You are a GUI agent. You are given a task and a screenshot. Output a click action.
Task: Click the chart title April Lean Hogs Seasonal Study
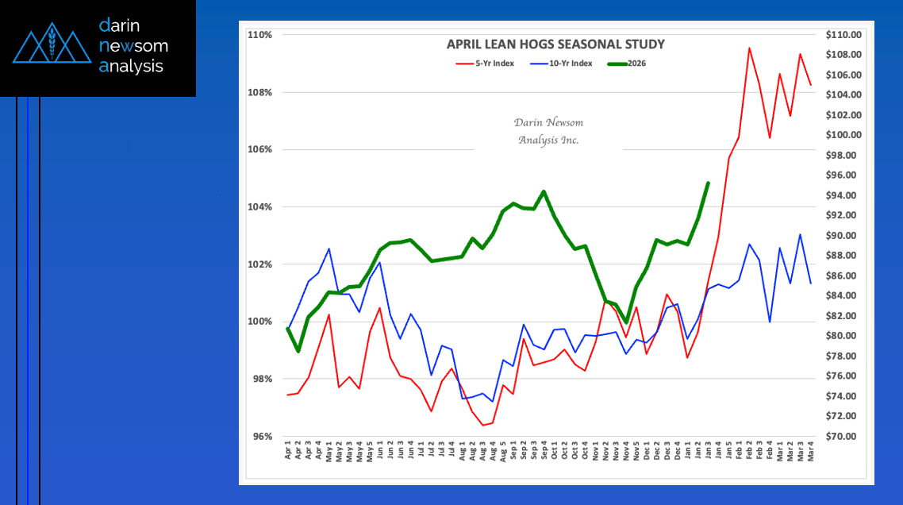[x=555, y=44]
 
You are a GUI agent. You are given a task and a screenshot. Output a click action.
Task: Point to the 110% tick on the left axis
[x=261, y=35]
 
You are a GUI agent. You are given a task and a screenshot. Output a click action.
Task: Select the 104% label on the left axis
[x=261, y=207]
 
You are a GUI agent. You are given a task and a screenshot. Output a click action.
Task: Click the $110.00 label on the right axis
[x=843, y=35]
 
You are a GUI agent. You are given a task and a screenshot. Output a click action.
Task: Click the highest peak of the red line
[x=749, y=48]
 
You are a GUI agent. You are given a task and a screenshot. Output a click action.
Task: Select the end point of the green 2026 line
[x=708, y=183]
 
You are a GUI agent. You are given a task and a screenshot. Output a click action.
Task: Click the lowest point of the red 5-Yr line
[x=482, y=425]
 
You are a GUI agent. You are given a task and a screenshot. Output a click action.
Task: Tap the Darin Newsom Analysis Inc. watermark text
[x=548, y=131]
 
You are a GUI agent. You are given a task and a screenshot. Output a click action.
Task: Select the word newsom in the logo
[x=133, y=45]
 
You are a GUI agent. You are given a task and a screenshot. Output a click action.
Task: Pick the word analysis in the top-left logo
[x=131, y=67]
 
